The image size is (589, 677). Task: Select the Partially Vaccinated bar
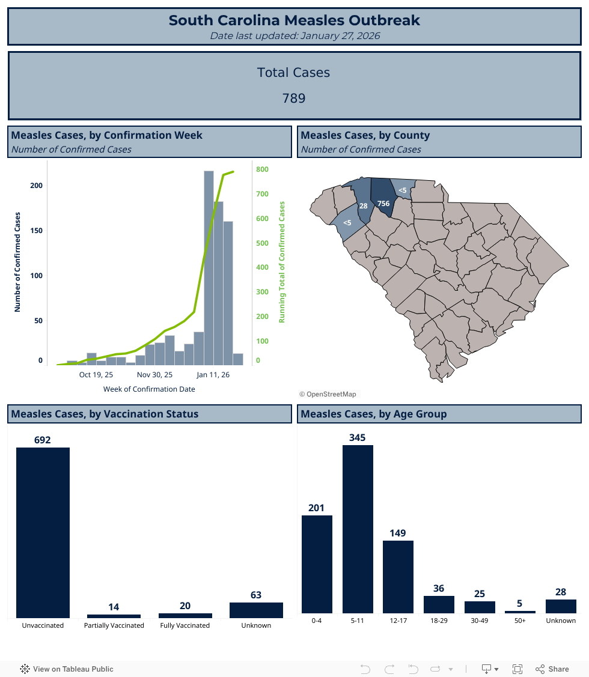[x=114, y=616]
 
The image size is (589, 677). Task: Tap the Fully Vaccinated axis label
[x=185, y=625]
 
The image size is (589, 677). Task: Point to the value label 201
[x=316, y=508]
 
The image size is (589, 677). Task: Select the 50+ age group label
[x=520, y=621]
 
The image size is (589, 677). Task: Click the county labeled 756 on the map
[x=382, y=201]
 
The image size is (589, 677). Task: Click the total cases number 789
[x=294, y=98]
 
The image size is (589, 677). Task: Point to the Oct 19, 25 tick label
[x=96, y=375]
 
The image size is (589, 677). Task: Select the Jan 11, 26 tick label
[x=213, y=375]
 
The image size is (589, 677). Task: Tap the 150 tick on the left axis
[x=36, y=231]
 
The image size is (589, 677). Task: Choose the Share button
[x=552, y=669]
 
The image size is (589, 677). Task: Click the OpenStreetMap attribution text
[x=328, y=394]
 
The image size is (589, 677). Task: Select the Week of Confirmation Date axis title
[x=149, y=389]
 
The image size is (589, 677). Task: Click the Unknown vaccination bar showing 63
[x=256, y=610]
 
